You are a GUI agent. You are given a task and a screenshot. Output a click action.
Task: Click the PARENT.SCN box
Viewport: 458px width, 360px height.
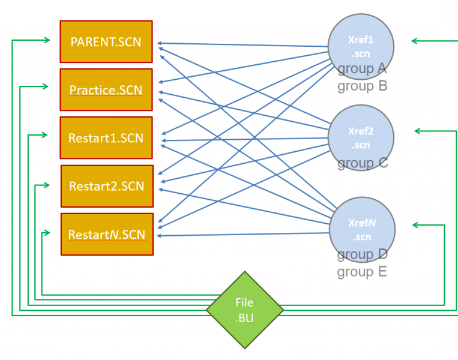(106, 41)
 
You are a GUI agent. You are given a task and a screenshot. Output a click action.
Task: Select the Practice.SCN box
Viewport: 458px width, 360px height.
(106, 89)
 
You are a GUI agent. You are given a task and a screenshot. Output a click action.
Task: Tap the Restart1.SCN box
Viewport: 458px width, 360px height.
(106, 138)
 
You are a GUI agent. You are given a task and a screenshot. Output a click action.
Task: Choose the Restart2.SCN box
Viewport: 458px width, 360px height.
(107, 186)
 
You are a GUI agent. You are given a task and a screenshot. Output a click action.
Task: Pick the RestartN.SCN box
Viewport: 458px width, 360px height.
(107, 234)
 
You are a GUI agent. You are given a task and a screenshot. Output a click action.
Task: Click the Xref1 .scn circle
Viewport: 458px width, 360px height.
(361, 47)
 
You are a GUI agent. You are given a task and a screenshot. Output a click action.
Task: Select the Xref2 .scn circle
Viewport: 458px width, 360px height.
(361, 138)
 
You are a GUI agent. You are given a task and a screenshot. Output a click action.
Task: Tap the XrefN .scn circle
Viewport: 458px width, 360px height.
(362, 230)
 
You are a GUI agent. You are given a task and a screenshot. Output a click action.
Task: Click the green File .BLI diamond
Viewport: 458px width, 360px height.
(245, 310)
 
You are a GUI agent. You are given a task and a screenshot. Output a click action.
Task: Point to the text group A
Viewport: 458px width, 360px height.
(362, 69)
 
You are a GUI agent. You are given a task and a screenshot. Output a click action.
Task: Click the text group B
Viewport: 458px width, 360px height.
(362, 86)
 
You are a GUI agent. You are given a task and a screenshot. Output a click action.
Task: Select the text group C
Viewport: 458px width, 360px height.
(363, 163)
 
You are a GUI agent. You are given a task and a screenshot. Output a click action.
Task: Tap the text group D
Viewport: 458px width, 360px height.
(362, 254)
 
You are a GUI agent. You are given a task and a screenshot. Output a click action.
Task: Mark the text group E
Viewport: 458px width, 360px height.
(362, 272)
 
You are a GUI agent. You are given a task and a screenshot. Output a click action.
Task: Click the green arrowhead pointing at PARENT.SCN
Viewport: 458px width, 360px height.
(47, 40)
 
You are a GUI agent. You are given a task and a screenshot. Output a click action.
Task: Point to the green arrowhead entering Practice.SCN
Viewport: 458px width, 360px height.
(45, 86)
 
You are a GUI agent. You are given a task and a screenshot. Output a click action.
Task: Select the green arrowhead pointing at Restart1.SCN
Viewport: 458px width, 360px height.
(44, 135)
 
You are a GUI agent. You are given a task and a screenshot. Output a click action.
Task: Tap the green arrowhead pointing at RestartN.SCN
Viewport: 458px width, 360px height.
(47, 233)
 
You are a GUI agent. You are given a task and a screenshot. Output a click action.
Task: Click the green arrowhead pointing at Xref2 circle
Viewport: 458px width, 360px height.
(418, 131)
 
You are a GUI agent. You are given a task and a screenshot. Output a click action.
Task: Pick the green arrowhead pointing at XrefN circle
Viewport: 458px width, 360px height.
(416, 225)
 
